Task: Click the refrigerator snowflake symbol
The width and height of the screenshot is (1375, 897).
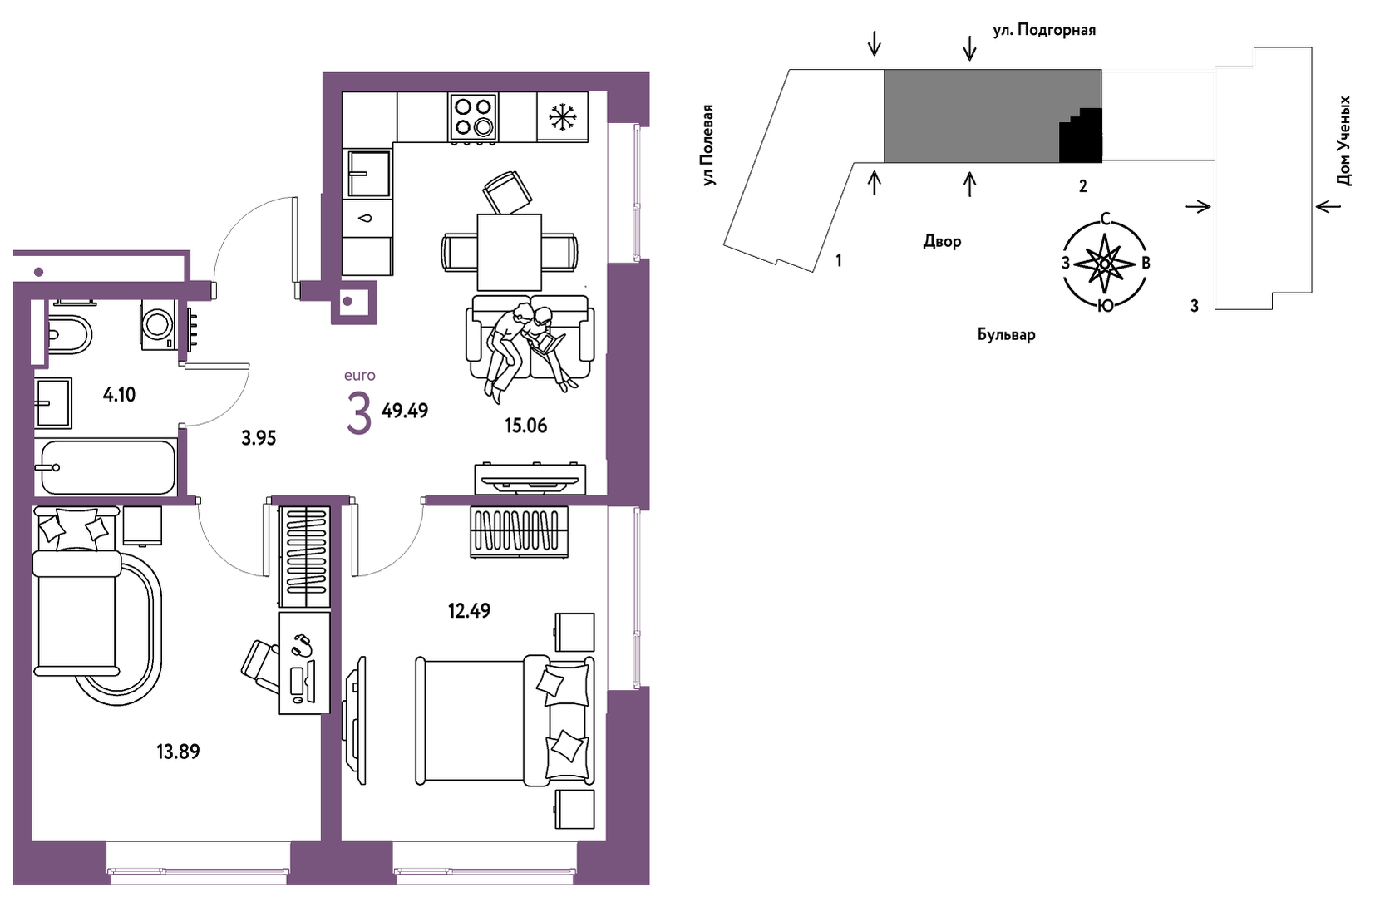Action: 561,116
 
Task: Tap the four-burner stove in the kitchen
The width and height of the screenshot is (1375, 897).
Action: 473,117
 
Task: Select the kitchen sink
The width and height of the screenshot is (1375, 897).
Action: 368,173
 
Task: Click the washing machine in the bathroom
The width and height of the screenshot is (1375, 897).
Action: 159,325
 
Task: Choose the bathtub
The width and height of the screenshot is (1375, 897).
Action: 106,468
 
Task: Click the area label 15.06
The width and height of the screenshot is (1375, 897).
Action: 525,426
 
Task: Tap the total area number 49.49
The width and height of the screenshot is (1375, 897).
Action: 405,410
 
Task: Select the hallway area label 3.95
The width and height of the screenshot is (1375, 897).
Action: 259,438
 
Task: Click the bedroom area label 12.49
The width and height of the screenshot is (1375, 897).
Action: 469,611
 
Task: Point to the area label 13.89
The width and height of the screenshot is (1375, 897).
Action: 178,752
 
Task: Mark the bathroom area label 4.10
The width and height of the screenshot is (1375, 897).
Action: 119,395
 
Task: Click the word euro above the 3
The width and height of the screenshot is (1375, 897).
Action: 360,375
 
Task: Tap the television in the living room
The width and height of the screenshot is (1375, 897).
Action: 530,479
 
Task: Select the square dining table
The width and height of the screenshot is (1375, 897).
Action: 510,253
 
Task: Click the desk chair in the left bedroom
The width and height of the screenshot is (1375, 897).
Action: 260,667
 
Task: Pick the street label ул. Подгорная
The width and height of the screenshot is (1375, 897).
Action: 1044,30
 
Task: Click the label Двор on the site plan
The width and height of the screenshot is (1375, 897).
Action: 942,242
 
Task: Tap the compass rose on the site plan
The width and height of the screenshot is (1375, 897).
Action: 1104,263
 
